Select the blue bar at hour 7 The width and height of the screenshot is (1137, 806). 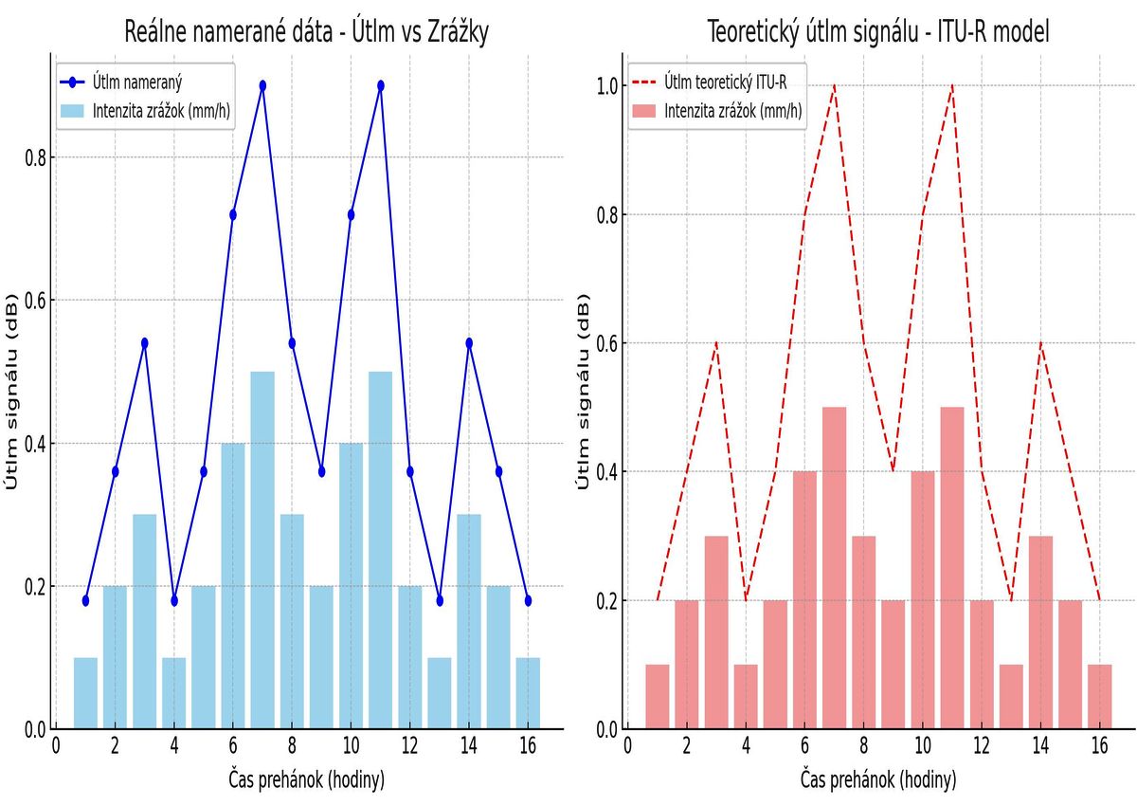click(262, 550)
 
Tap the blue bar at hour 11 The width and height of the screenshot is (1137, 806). click(381, 550)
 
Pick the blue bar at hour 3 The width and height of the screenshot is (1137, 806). click(145, 621)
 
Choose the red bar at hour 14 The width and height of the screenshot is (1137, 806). click(1041, 632)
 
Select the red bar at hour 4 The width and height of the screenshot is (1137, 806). click(746, 696)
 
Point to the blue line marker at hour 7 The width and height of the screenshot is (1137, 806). click(262, 85)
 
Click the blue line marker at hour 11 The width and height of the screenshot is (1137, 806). click(381, 85)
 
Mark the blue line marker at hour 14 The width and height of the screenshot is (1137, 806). click(469, 342)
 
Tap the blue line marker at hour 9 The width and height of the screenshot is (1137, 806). click(322, 471)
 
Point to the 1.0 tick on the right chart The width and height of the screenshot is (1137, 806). click(607, 86)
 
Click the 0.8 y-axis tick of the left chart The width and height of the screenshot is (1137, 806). click(35, 157)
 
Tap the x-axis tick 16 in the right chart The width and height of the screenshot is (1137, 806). click(1100, 747)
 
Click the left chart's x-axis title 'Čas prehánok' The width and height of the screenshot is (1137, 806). click(306, 780)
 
